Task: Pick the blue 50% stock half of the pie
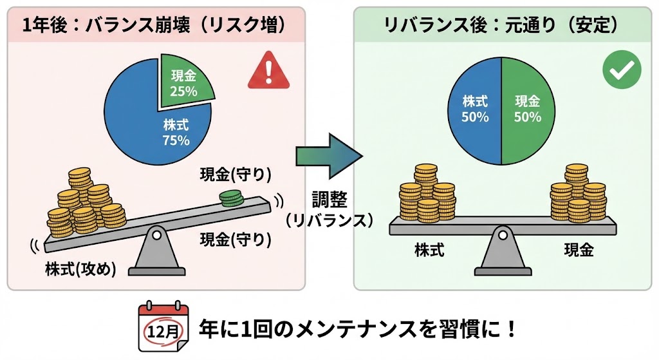pyautogui.click(x=475, y=109)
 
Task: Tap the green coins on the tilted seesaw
pyautogui.click(x=230, y=198)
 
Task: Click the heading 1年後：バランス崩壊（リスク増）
pyautogui.click(x=154, y=25)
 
